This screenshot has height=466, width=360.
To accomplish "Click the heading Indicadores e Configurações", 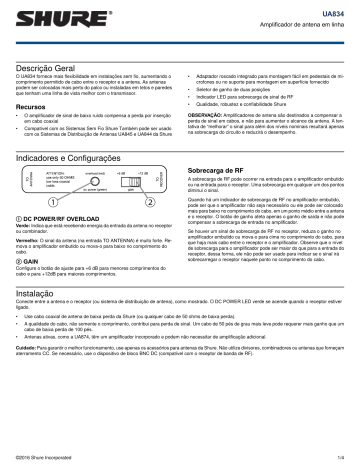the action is (83, 155).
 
